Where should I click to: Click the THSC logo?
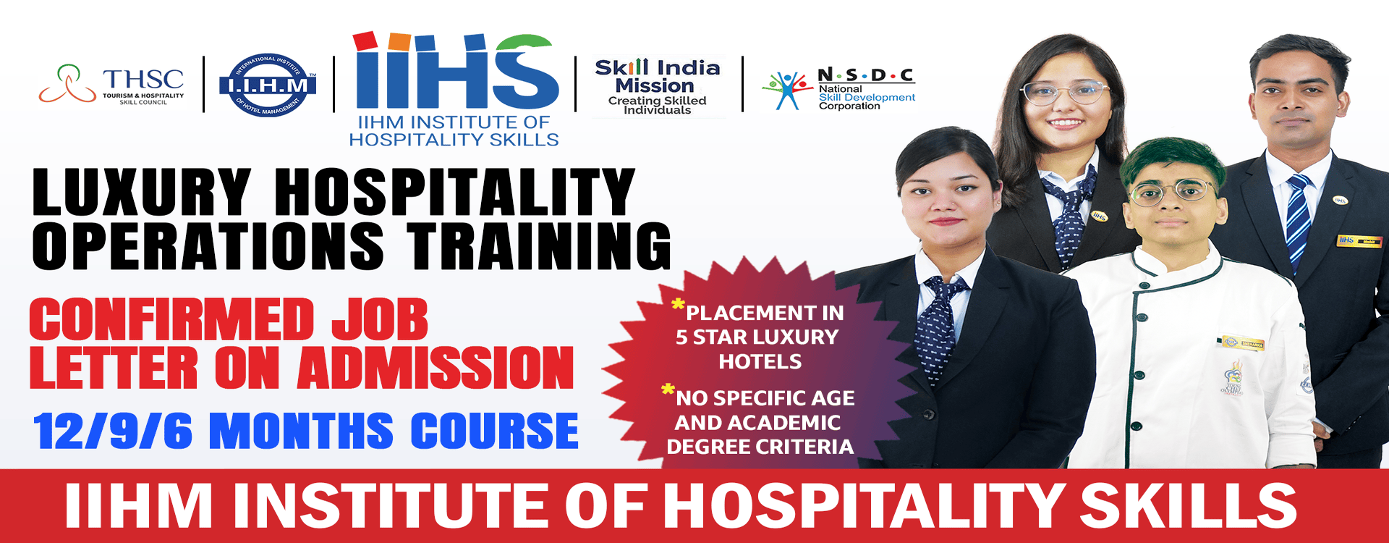click(x=111, y=85)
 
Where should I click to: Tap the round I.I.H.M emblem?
click(x=268, y=85)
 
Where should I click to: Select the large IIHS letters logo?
click(x=456, y=70)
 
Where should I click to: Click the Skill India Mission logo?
click(x=658, y=86)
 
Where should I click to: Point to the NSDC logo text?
click(x=866, y=89)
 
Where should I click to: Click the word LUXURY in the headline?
click(x=142, y=192)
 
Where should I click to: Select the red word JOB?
click(x=380, y=319)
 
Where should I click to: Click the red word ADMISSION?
click(x=436, y=368)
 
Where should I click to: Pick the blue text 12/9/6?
click(x=113, y=431)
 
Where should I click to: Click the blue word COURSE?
click(x=495, y=431)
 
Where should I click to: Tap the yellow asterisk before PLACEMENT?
click(x=678, y=305)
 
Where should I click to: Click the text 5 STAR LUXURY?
click(x=757, y=337)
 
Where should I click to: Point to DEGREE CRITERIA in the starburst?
click(x=760, y=447)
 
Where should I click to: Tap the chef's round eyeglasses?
click(x=1172, y=192)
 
